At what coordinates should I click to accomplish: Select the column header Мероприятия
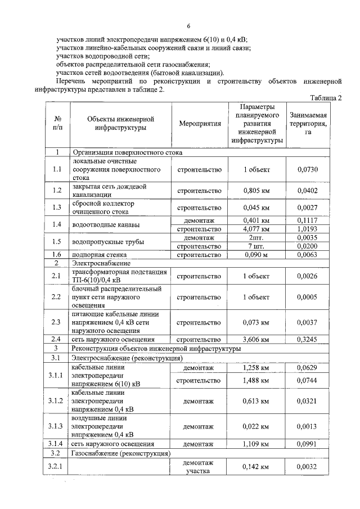tap(200, 123)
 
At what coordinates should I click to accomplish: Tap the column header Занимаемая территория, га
tap(308, 123)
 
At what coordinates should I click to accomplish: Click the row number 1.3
tap(56, 207)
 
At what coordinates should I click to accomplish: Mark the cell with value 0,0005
tap(308, 297)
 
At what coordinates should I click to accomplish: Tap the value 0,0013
tap(308, 426)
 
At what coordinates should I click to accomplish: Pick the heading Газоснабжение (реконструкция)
tap(121, 452)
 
